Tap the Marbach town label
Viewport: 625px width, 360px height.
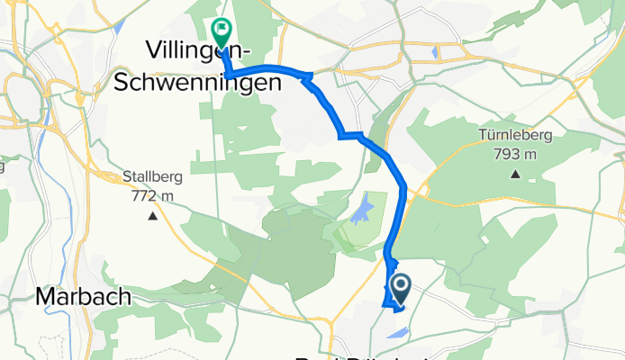[84, 296]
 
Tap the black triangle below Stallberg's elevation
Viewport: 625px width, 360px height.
[153, 216]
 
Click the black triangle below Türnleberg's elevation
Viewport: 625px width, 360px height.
[516, 174]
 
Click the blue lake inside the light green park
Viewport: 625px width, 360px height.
[361, 213]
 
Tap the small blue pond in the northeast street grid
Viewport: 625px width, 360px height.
[435, 52]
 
